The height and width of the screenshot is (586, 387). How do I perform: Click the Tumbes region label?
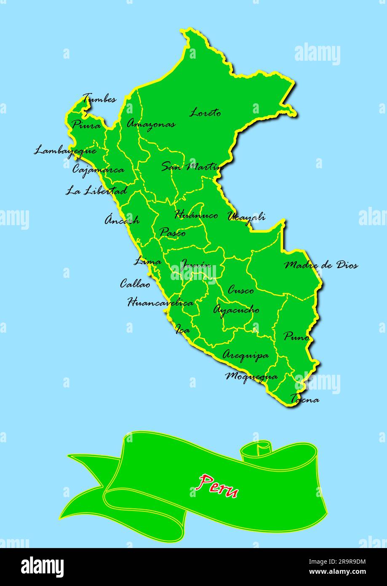[x=99, y=99]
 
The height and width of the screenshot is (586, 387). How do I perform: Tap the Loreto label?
[x=205, y=113]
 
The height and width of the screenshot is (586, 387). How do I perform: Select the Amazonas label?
[x=151, y=124]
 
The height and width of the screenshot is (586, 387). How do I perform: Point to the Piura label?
[x=86, y=125]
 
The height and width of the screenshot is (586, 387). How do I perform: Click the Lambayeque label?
[x=65, y=151]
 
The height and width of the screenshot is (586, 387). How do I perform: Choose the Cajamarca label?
[x=99, y=170]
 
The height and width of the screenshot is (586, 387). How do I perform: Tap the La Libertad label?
[x=96, y=191]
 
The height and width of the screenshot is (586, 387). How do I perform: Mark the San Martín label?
[x=192, y=167]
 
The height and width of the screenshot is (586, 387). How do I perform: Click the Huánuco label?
[x=196, y=215]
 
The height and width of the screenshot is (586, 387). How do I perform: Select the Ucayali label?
[x=247, y=217]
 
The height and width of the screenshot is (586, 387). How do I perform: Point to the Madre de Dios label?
[x=321, y=265]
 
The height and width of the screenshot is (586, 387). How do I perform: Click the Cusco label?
[x=241, y=290]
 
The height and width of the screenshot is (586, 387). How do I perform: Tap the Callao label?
[x=135, y=284]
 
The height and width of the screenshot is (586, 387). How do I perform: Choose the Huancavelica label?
[x=160, y=302]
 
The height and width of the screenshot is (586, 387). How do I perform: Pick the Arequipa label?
[x=246, y=355]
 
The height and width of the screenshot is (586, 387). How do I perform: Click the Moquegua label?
[x=251, y=376]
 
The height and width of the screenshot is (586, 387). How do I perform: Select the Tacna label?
[x=304, y=399]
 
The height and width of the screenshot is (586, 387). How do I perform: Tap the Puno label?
[x=296, y=337]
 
